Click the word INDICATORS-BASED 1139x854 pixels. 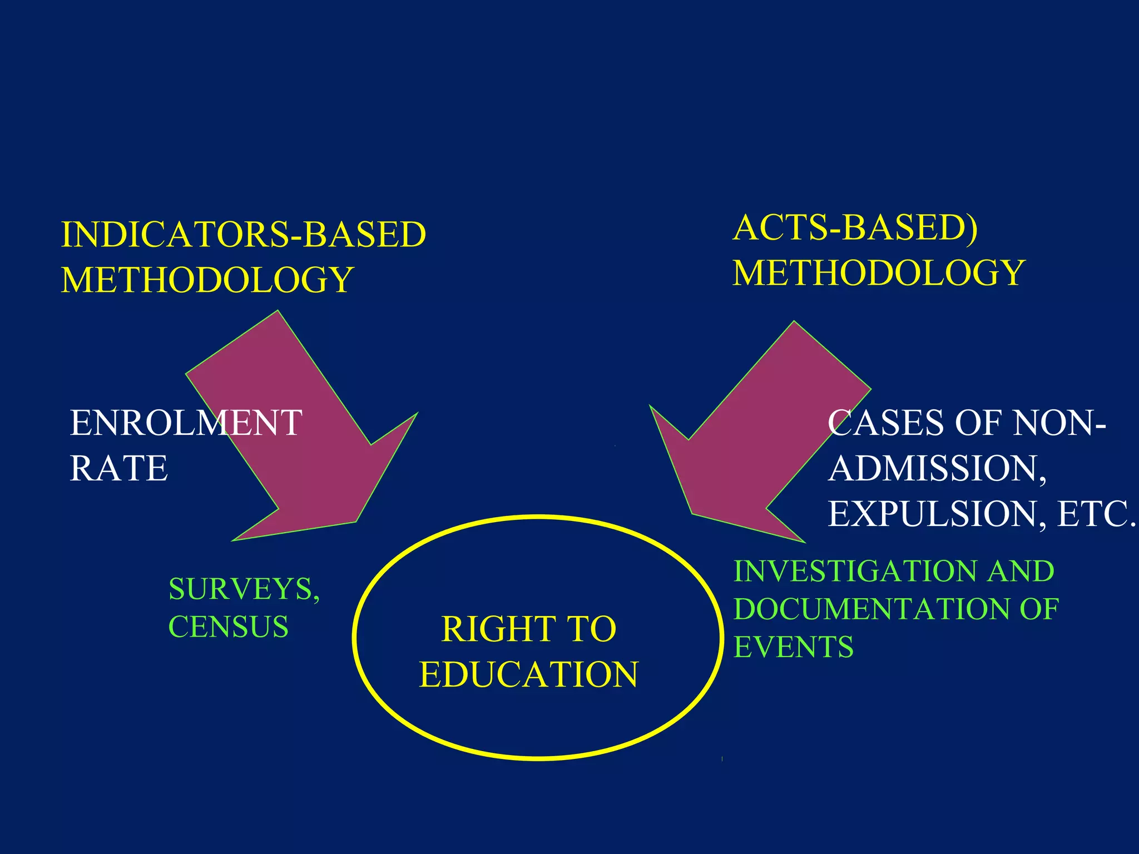pos(244,234)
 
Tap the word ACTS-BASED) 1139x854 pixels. pos(855,228)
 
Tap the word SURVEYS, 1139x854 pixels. pos(244,589)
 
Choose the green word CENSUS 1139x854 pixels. pos(228,627)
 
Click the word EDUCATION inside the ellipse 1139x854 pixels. pos(528,674)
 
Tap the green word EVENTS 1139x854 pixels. pos(794,647)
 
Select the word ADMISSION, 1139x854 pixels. pos(937,468)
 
